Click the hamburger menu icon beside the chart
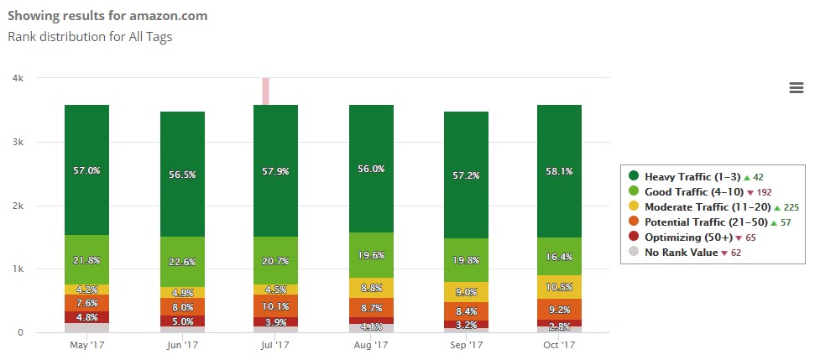[797, 88]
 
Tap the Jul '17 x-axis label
[275, 345]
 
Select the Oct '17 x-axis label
[560, 345]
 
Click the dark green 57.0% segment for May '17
[86, 170]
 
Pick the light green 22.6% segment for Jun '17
[182, 262]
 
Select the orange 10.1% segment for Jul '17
[275, 306]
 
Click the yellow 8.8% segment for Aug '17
[371, 288]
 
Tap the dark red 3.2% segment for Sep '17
[466, 324]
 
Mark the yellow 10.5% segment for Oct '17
[560, 287]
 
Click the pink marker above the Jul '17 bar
[265, 91]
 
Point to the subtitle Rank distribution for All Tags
[90, 36]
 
